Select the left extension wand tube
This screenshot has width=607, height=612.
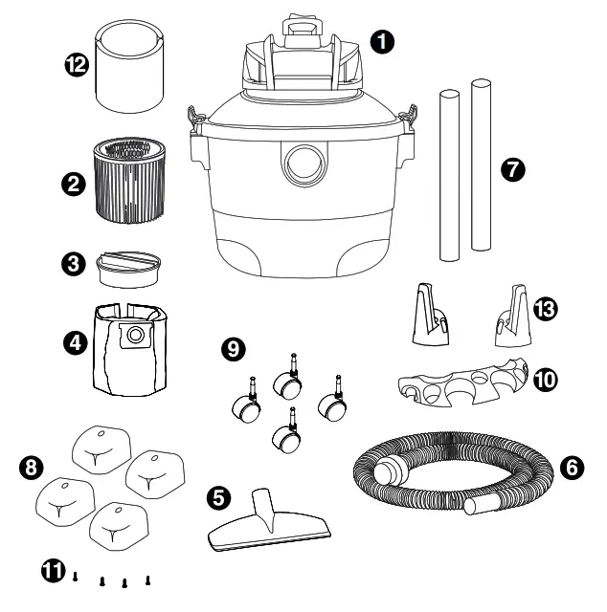(447, 174)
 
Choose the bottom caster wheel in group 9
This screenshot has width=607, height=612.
(286, 437)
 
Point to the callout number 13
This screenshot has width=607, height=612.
(549, 308)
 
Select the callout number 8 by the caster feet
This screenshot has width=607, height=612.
(32, 468)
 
